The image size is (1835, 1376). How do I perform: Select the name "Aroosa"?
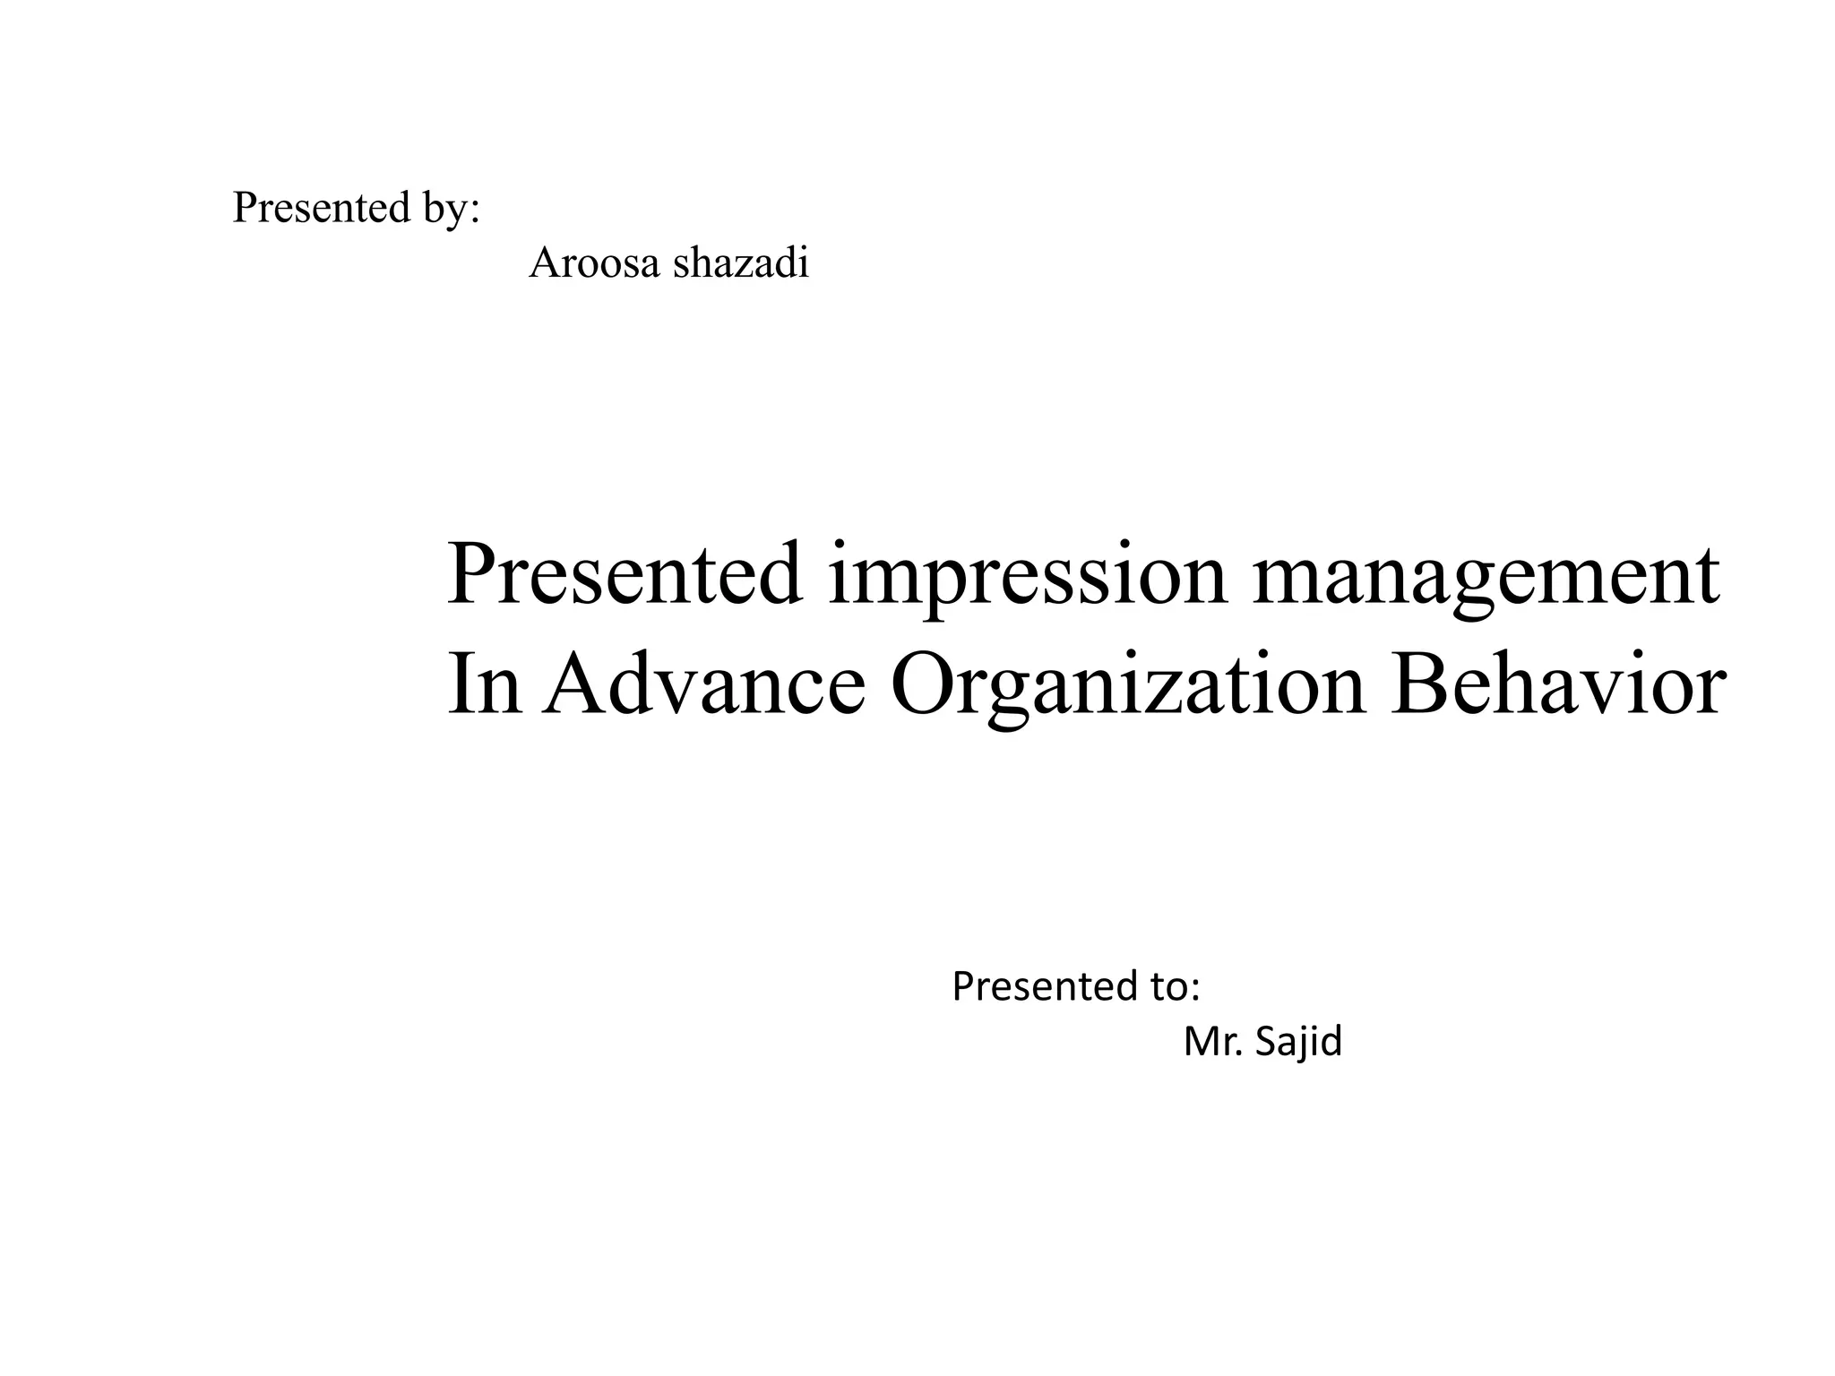(x=593, y=263)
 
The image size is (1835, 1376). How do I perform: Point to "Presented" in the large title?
(x=625, y=573)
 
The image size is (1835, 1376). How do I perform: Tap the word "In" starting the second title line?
(x=484, y=685)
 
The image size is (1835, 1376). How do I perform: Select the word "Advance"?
(x=704, y=685)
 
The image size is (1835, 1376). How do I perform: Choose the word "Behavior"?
(x=1556, y=685)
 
